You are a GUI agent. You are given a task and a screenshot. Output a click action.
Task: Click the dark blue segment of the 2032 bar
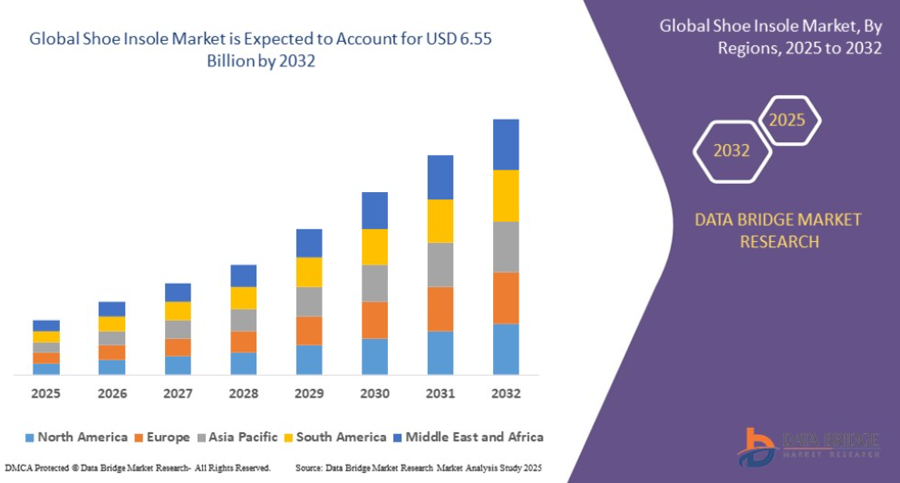pyautogui.click(x=506, y=145)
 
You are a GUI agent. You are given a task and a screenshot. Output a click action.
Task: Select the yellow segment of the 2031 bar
pyautogui.click(x=440, y=221)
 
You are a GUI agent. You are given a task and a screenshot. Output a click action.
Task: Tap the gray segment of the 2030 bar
pyautogui.click(x=375, y=284)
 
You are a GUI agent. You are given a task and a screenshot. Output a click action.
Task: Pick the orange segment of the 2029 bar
pyautogui.click(x=309, y=331)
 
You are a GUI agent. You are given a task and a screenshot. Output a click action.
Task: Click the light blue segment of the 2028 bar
pyautogui.click(x=244, y=363)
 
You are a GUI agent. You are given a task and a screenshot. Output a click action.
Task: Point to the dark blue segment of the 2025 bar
pyautogui.click(x=46, y=326)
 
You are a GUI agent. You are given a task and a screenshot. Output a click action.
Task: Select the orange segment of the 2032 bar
pyautogui.click(x=506, y=298)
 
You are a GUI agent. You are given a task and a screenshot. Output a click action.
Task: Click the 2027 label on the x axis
pyautogui.click(x=178, y=393)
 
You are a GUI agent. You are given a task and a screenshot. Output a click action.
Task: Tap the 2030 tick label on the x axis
pyautogui.click(x=375, y=393)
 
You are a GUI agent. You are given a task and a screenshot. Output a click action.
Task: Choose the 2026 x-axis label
pyautogui.click(x=112, y=393)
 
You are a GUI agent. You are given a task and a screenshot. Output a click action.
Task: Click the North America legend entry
pyautogui.click(x=76, y=437)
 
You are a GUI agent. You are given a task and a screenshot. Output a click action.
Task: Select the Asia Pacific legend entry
pyautogui.click(x=237, y=437)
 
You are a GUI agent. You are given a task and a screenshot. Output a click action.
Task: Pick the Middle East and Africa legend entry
pyautogui.click(x=469, y=437)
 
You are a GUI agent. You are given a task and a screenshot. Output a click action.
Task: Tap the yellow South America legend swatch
pyautogui.click(x=288, y=438)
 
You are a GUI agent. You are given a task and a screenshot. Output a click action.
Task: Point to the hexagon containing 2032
pyautogui.click(x=694, y=151)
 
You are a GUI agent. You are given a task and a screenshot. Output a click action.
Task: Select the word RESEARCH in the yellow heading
pyautogui.click(x=779, y=241)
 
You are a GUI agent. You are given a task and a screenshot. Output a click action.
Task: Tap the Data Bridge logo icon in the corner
pyautogui.click(x=757, y=448)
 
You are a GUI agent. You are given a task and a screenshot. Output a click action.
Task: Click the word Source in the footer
pyautogui.click(x=308, y=469)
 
